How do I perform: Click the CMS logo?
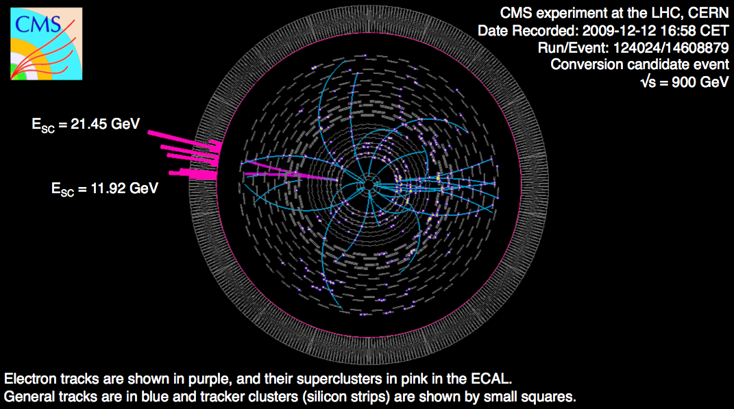point(47,44)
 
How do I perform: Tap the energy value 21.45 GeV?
point(106,124)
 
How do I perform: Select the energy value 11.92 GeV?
point(124,188)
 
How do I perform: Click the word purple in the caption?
point(192,379)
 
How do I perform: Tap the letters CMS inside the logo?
point(38,24)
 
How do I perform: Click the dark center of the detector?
point(369,185)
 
